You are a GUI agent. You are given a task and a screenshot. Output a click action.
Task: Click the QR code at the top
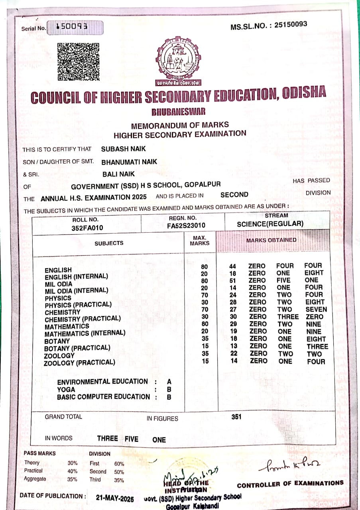point(78,62)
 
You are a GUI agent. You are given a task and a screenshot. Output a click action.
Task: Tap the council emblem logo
point(177,60)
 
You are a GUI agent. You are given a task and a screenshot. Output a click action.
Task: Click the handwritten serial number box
point(75,27)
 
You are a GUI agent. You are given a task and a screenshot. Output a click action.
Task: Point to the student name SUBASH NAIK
point(124,149)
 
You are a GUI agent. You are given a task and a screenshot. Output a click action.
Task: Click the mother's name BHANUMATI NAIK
point(129,162)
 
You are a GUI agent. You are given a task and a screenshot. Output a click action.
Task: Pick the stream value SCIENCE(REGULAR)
point(270,224)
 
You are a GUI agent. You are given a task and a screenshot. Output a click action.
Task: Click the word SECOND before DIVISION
point(234,195)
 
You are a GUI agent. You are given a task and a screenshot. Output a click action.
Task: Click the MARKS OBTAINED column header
point(271,240)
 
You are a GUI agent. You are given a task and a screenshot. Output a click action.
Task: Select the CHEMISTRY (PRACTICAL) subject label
point(83,319)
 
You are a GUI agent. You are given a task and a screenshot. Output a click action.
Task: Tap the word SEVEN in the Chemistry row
point(316,309)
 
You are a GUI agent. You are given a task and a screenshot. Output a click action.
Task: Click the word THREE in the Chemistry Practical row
point(288,317)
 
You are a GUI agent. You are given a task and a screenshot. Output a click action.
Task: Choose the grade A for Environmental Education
point(169,382)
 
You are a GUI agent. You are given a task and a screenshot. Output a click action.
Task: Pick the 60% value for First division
point(119,464)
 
